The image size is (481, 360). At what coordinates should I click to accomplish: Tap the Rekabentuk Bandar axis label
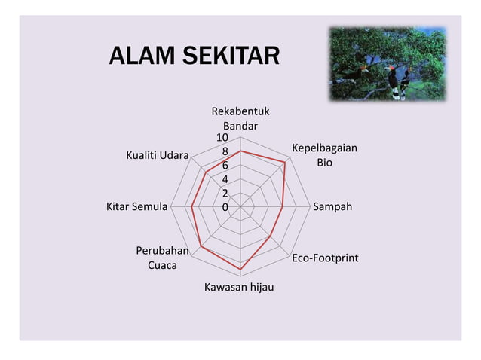[x=240, y=119]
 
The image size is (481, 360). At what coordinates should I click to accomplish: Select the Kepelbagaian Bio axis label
[x=324, y=155]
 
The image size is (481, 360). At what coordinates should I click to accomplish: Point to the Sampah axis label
[x=332, y=206]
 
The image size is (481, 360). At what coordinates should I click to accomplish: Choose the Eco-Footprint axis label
[x=325, y=258]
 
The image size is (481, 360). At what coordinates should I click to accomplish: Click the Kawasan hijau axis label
[x=239, y=287]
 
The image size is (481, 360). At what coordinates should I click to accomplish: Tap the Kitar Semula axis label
[x=136, y=206]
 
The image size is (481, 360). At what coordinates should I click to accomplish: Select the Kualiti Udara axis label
[x=158, y=155]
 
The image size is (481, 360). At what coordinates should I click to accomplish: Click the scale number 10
[x=223, y=138]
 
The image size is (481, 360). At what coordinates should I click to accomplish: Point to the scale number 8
[x=225, y=151]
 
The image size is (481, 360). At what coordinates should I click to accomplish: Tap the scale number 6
[x=225, y=165]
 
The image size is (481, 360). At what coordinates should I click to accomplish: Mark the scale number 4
[x=225, y=179]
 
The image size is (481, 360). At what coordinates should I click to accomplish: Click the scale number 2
[x=225, y=193]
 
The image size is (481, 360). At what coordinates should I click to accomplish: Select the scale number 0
[x=225, y=206]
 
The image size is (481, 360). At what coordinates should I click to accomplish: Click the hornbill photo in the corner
[x=387, y=64]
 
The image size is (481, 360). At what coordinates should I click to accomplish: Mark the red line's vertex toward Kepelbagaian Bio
[x=285, y=162]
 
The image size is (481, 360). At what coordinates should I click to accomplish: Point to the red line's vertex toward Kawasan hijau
[x=240, y=269]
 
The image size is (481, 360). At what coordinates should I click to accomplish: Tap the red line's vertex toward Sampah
[x=282, y=206]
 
